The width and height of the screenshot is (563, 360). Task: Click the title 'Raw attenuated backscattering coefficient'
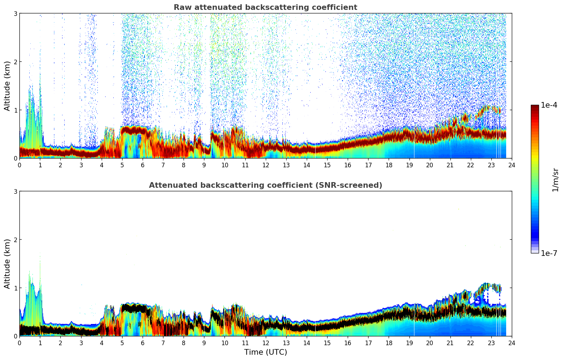click(265, 7)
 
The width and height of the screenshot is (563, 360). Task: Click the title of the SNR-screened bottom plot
click(265, 185)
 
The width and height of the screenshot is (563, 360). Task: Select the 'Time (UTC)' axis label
click(265, 352)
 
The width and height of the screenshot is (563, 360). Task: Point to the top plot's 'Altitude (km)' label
click(7, 86)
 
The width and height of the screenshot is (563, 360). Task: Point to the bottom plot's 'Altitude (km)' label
click(7, 264)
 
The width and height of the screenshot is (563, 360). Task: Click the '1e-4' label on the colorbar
click(549, 105)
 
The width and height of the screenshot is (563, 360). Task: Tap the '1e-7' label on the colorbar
click(549, 253)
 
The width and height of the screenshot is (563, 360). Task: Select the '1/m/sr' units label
click(555, 180)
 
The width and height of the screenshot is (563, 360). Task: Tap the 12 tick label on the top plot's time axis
click(265, 165)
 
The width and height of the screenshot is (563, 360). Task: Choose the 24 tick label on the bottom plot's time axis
click(511, 343)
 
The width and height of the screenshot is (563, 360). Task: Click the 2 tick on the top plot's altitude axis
click(15, 62)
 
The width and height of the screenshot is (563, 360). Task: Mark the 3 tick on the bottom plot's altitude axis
click(15, 191)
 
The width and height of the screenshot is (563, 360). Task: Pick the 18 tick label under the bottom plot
click(389, 343)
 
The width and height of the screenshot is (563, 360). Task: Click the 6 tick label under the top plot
click(143, 165)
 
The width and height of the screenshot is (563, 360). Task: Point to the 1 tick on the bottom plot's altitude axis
click(15, 288)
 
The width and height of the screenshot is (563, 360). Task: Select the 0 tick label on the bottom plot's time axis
click(19, 343)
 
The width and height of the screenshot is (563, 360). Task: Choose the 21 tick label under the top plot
click(450, 165)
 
